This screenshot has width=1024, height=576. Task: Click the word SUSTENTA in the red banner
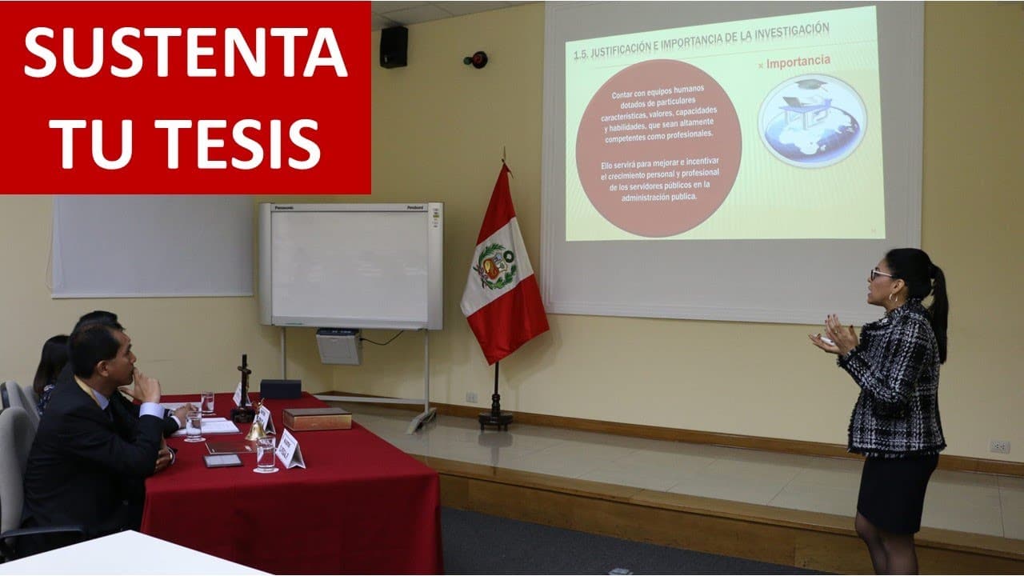[x=185, y=54]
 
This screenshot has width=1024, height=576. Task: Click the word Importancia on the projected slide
[x=798, y=62]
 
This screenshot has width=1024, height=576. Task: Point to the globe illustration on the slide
[x=812, y=120]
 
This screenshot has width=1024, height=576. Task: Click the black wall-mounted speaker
[x=393, y=46]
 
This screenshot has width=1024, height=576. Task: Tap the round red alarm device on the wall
[x=478, y=59]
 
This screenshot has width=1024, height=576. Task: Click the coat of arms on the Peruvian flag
[x=495, y=266]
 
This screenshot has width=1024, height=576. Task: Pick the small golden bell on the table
[x=255, y=430]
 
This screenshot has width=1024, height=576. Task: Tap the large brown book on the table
[x=317, y=418]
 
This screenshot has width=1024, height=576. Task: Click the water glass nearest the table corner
[x=266, y=454]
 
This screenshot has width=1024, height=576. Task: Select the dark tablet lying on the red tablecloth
[x=222, y=460]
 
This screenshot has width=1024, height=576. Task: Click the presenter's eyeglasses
[x=881, y=274]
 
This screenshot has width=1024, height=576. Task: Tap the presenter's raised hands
[x=833, y=335]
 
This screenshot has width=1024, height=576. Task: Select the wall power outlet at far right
[x=999, y=446]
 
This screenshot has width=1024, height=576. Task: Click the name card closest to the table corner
[x=289, y=449]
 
